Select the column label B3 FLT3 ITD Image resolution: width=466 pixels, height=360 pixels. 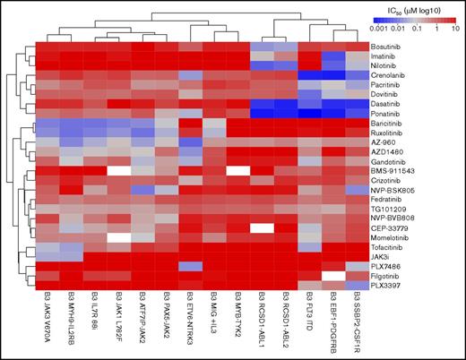[x=309, y=317]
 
